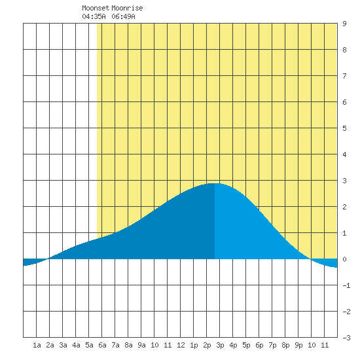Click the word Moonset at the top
(96, 8)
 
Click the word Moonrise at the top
(127, 8)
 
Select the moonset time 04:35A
(94, 16)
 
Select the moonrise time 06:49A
(123, 16)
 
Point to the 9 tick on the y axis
(344, 24)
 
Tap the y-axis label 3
(344, 181)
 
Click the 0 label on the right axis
(344, 259)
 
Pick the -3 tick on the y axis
(346, 338)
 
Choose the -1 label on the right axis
(346, 285)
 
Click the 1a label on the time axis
(37, 345)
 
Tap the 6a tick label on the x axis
(102, 345)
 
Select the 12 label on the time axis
(181, 345)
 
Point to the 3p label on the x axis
(220, 345)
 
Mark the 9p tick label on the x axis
(298, 345)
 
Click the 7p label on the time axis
(272, 345)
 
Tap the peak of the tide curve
(215, 183)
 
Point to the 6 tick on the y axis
(344, 102)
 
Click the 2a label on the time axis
(50, 345)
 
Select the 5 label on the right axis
(344, 128)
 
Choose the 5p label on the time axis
(246, 345)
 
